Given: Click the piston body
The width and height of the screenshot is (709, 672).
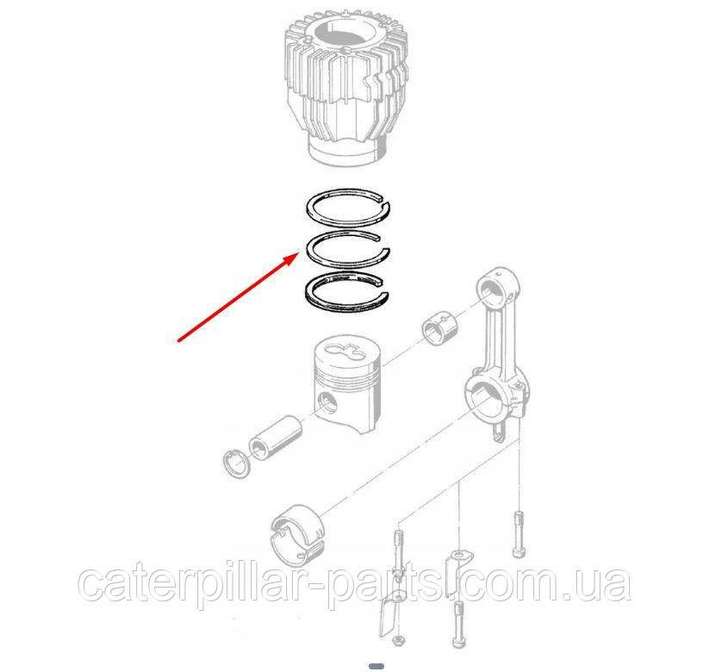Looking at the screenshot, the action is click(x=347, y=389).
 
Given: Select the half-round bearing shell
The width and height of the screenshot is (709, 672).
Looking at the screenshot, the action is click(x=298, y=533).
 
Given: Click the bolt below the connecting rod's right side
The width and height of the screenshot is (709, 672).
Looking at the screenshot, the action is click(x=519, y=534).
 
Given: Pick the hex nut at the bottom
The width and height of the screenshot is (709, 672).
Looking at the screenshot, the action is click(x=398, y=639).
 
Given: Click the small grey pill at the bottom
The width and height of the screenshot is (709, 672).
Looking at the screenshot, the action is click(x=376, y=666).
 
